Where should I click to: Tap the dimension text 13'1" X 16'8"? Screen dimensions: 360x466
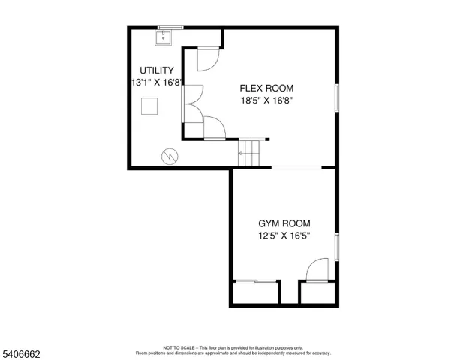pos(155,82)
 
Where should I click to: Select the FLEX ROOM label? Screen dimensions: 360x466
pos(266,86)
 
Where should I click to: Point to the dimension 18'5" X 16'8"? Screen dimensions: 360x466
pos(266,99)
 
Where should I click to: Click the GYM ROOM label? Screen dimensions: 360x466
pos(284,223)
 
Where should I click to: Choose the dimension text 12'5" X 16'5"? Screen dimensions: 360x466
pos(284,235)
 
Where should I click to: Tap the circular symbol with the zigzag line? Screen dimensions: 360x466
pos(170,155)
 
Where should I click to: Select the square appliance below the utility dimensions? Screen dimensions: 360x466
pos(151,106)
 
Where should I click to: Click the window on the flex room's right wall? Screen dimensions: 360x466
pos(338,99)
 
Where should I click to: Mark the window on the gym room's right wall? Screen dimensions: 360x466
pos(338,246)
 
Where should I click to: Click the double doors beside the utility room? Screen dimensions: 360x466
pos(192,103)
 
